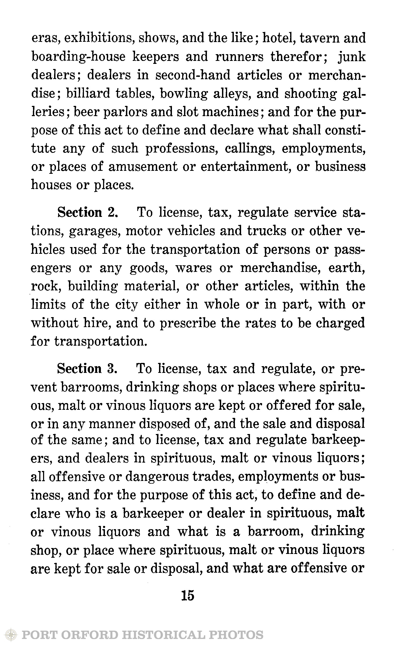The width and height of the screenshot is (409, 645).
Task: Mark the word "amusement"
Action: pyautogui.click(x=143, y=167)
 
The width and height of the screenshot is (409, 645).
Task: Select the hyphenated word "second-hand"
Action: pyautogui.click(x=193, y=75)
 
